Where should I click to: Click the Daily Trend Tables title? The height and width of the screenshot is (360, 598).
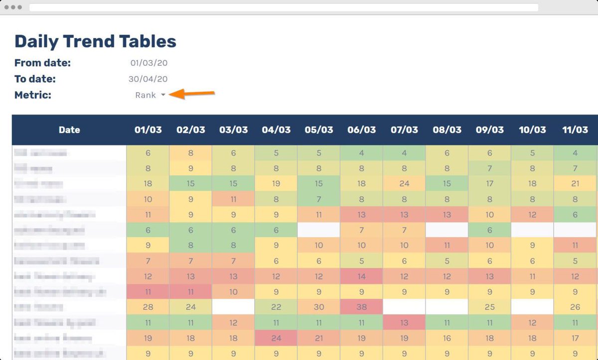(x=95, y=41)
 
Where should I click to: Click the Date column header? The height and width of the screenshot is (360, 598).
(x=69, y=130)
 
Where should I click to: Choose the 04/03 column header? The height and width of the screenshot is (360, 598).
(x=276, y=130)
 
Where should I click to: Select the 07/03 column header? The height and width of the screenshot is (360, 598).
(x=404, y=130)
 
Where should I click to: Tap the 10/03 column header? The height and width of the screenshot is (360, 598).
(x=532, y=130)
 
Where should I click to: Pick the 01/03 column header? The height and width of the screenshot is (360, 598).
(x=148, y=130)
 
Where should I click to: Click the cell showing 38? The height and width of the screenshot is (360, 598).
(x=361, y=307)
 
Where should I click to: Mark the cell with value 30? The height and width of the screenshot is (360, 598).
(x=319, y=307)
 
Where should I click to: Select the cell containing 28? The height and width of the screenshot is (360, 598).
(x=148, y=307)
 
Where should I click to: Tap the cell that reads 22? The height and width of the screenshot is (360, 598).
(x=276, y=307)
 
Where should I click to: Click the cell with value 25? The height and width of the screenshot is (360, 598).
(x=489, y=307)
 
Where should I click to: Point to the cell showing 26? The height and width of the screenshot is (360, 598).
(x=575, y=307)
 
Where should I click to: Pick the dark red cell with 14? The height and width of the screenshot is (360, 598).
(x=361, y=276)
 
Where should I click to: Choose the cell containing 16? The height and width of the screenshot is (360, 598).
(x=447, y=339)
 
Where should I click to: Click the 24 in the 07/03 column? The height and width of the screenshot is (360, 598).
(x=404, y=184)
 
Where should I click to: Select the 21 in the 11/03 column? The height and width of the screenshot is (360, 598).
(x=575, y=184)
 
